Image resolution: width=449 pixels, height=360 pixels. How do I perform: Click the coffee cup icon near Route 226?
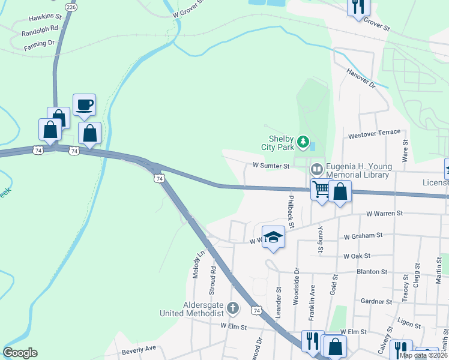click(x=84, y=104)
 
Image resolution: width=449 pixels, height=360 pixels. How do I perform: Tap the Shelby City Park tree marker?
click(x=304, y=142)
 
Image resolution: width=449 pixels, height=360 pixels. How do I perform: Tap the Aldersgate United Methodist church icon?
click(x=233, y=308)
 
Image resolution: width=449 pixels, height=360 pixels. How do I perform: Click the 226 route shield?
click(x=71, y=7)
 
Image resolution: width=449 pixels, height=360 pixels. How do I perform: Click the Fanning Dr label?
click(x=39, y=44)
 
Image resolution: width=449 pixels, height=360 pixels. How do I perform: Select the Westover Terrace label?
click(x=374, y=133)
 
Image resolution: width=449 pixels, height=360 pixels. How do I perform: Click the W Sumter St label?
click(x=271, y=165)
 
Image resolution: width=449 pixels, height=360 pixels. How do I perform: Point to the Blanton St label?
click(x=372, y=271)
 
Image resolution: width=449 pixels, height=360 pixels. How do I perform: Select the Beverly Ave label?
click(x=139, y=348)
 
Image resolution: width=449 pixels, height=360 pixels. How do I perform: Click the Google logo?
click(x=20, y=353)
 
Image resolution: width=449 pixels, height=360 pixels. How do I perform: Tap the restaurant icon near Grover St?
click(x=358, y=7)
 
